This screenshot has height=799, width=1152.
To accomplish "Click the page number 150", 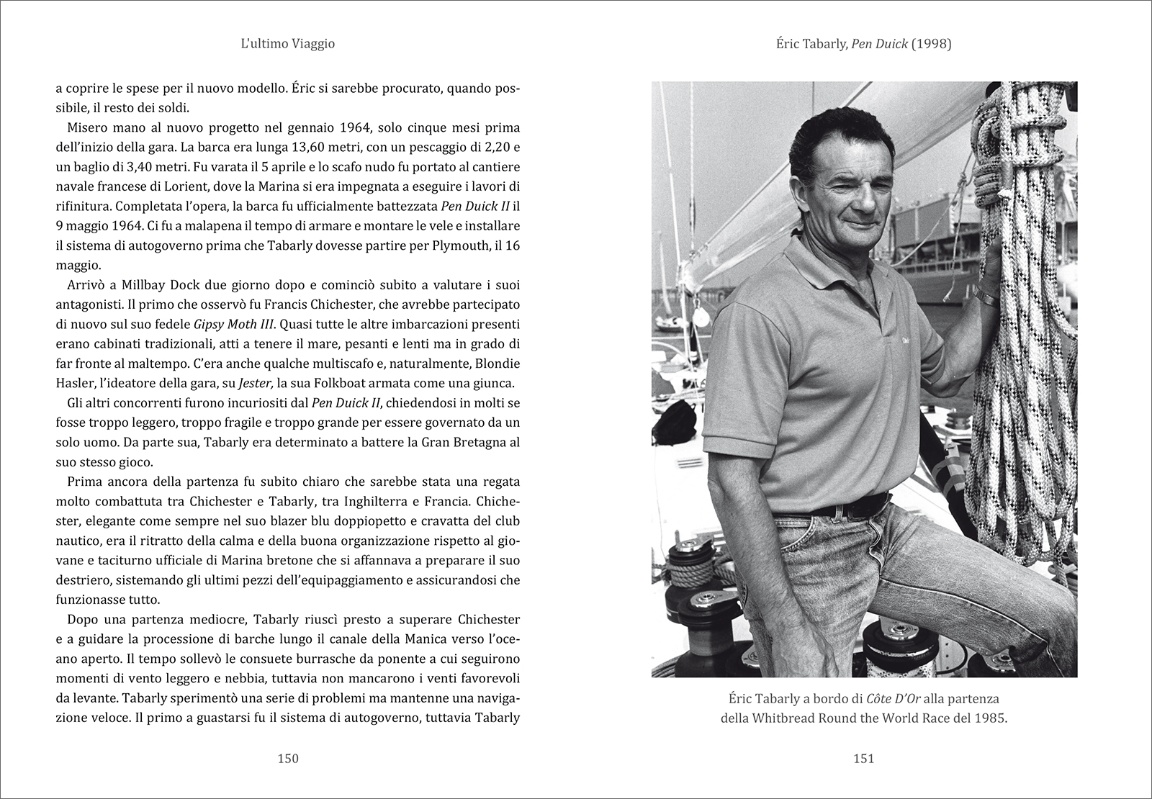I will tap(288, 757).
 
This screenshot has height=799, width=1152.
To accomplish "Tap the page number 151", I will tap(863, 757).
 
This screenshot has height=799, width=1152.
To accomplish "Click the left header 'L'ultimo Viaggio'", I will tap(288, 44).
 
